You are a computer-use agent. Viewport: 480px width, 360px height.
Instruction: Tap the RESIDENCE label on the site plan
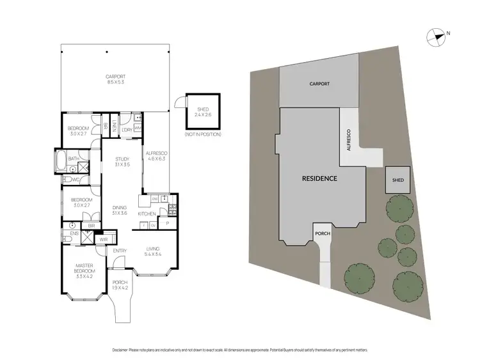click(x=319, y=178)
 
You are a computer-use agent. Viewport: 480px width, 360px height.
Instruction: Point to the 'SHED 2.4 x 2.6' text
click(x=202, y=114)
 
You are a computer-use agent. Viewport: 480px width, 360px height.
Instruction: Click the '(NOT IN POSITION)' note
click(x=202, y=135)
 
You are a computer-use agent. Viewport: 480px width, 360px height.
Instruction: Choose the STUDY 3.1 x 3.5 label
click(x=122, y=162)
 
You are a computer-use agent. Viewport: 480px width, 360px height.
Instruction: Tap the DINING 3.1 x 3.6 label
click(x=120, y=210)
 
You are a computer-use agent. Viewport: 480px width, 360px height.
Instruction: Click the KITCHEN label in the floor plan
click(x=147, y=213)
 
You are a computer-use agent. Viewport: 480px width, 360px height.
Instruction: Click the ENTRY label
click(x=120, y=251)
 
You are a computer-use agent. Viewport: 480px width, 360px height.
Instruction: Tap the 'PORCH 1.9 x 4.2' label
click(x=120, y=285)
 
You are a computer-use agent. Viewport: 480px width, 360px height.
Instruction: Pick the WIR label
click(x=104, y=240)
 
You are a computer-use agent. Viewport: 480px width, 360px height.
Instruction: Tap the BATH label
click(x=74, y=158)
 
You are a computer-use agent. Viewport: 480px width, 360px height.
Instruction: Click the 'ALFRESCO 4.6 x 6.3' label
click(x=156, y=155)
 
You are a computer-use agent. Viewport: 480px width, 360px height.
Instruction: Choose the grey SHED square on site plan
click(x=394, y=180)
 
